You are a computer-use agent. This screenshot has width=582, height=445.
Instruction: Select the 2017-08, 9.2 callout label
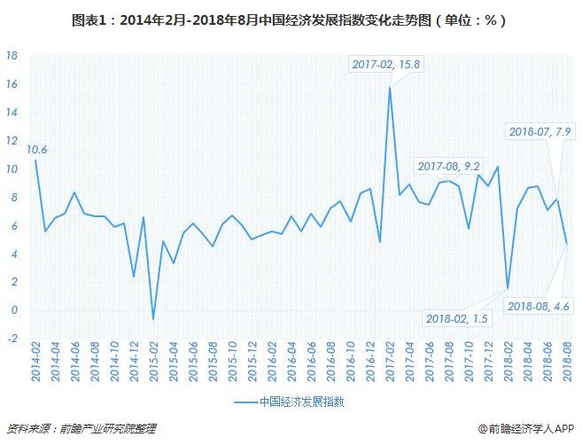point(450,166)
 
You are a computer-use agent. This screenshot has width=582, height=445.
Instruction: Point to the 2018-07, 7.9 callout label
point(539,131)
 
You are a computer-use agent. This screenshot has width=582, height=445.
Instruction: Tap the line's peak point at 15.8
point(390,87)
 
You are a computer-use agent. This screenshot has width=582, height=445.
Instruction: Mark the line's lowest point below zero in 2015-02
point(152,319)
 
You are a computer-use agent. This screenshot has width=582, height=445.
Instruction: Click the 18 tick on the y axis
point(12,55)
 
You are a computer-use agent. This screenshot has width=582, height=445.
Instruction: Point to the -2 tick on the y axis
point(12,339)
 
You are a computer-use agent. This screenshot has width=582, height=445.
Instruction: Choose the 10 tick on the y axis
point(12,168)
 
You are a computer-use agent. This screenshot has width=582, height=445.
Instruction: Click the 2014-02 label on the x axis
point(35,364)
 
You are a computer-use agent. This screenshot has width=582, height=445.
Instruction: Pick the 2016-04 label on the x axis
point(289,364)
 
